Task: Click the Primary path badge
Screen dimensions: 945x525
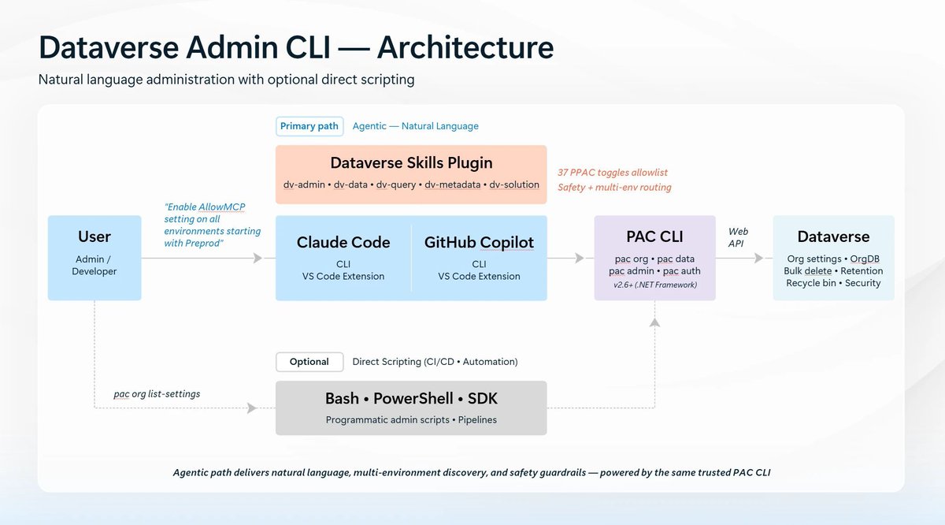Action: (309, 126)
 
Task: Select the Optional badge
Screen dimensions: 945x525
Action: (309, 362)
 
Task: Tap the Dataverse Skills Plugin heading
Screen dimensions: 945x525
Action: (411, 163)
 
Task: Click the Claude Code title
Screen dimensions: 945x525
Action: (343, 243)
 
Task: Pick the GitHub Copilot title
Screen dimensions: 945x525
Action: (479, 243)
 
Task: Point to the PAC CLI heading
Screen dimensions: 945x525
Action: (654, 236)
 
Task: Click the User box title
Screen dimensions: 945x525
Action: (94, 236)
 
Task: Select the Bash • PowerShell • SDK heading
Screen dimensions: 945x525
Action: (411, 399)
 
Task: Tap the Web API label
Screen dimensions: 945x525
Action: (738, 237)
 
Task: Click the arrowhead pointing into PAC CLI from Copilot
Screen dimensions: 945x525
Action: (580, 258)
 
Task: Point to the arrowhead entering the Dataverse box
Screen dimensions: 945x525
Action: (758, 258)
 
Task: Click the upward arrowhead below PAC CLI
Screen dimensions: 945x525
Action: (654, 322)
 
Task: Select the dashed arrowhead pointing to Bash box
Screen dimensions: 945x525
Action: (251, 408)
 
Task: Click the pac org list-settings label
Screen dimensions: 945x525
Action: (157, 394)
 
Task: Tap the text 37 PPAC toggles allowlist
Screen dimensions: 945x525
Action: (613, 173)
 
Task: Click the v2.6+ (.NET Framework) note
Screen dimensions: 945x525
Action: (655, 285)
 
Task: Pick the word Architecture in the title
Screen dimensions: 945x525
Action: (465, 47)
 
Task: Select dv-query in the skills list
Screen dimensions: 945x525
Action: (395, 185)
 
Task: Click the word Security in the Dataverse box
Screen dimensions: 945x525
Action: (863, 284)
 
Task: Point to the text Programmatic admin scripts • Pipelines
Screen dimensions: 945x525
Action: (411, 420)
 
